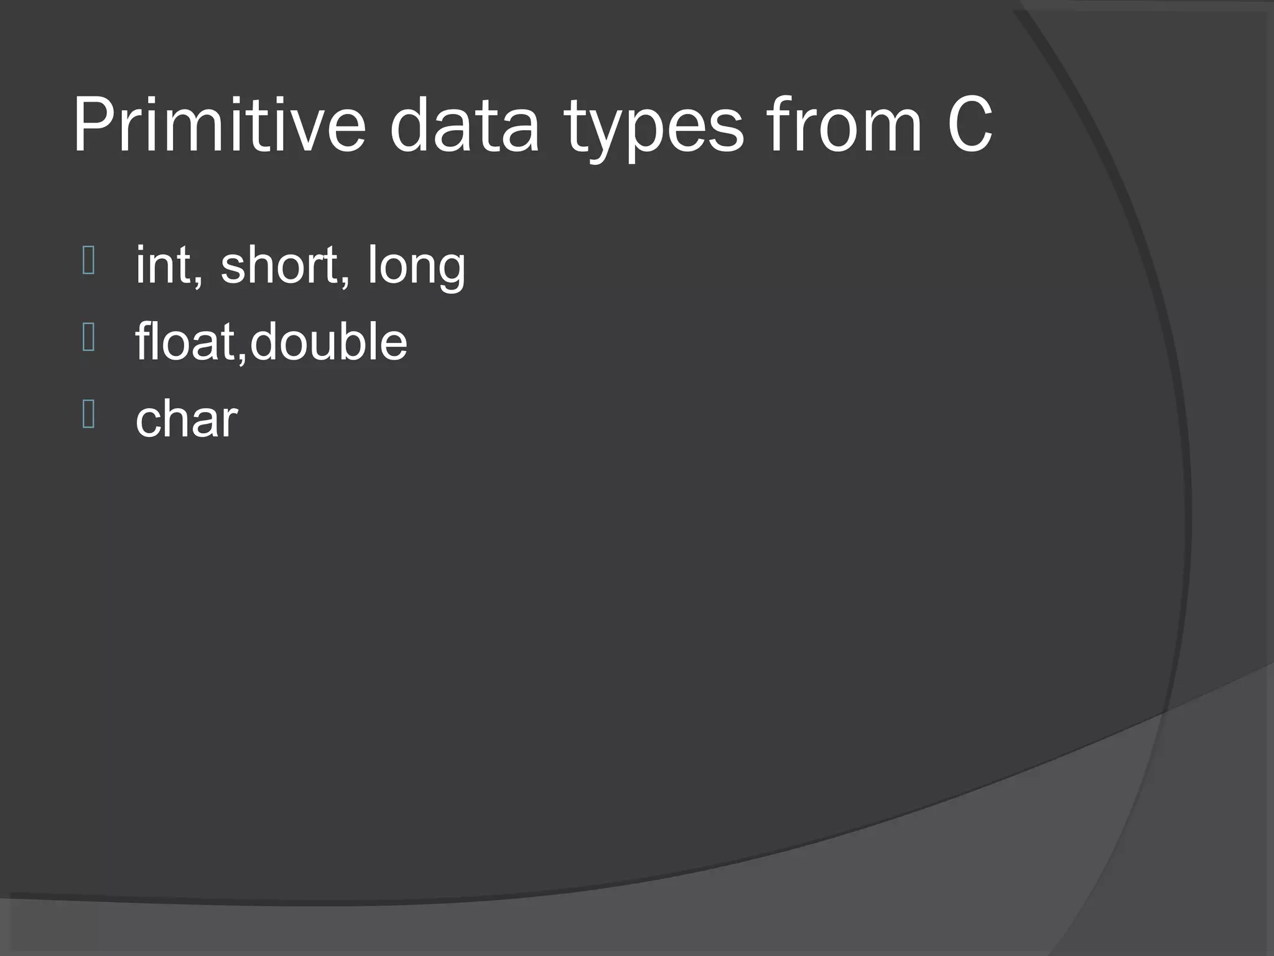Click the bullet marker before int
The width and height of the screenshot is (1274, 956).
click(x=88, y=261)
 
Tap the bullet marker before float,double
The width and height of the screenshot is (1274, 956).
click(x=88, y=338)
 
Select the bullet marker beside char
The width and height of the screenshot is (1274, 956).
click(x=88, y=415)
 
